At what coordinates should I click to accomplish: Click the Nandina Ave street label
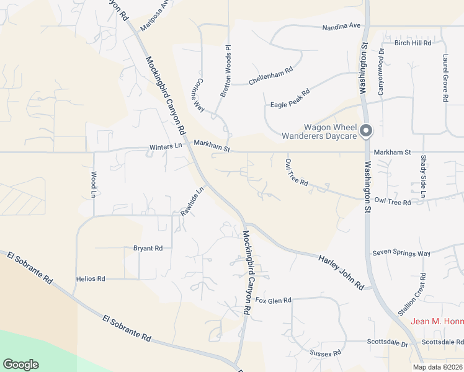coord(341,26)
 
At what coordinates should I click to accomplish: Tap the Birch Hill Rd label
coord(413,43)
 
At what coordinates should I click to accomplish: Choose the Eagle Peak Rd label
coord(290,97)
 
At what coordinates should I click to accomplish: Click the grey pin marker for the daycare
coord(366,130)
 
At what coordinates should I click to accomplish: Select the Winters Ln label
coord(166,146)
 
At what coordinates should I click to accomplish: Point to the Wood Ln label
coord(94,184)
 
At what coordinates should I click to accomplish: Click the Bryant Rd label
coord(148,248)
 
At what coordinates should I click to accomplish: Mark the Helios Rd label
coord(91,279)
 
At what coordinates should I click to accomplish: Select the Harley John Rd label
coord(341,272)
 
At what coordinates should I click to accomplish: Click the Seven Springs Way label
coord(401,254)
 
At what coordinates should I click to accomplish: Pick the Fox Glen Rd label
coord(274,301)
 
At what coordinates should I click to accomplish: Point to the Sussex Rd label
coord(325,353)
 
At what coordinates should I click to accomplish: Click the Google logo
coord(20,365)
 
